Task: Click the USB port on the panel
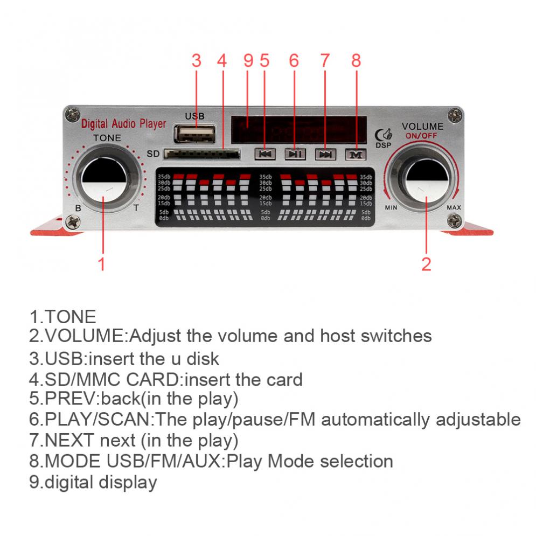[x=194, y=133]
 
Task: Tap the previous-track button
[x=265, y=154]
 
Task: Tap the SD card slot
[x=202, y=155]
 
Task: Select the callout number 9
[x=248, y=61]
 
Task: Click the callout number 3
[x=197, y=61]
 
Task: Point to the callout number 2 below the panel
[x=426, y=264]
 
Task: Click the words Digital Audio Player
[x=123, y=124]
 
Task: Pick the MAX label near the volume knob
[x=454, y=207]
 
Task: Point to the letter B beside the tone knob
[x=79, y=208]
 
